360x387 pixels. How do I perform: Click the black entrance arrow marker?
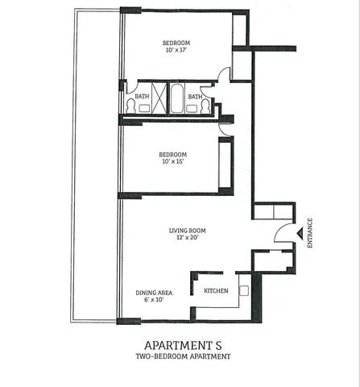[300, 234]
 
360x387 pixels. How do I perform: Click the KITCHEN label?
[216, 290]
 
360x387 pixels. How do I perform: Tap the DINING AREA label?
[151, 292]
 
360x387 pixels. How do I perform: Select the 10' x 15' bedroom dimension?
[173, 162]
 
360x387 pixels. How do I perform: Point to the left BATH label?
[142, 97]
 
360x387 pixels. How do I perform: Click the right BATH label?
[195, 97]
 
